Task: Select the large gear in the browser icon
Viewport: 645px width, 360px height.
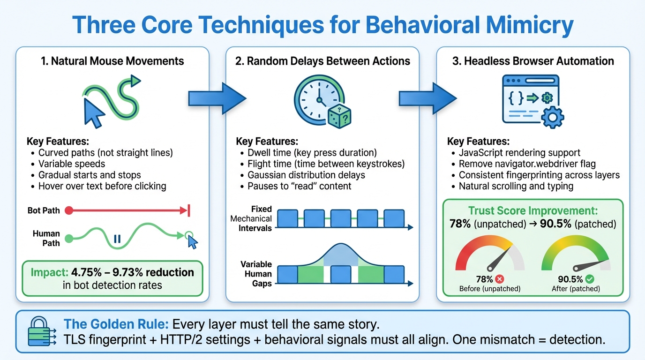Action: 552,116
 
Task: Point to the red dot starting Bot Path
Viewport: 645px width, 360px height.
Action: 68,210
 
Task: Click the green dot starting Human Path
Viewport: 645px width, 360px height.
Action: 68,238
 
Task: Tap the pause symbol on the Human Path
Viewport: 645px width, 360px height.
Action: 117,239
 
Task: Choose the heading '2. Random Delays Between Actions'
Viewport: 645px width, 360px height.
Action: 322,61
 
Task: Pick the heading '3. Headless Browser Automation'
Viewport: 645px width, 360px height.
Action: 532,61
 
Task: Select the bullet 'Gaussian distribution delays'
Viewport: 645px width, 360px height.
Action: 306,175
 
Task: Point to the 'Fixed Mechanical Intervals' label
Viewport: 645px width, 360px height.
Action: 251,218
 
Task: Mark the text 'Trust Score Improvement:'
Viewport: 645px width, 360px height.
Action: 533,211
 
